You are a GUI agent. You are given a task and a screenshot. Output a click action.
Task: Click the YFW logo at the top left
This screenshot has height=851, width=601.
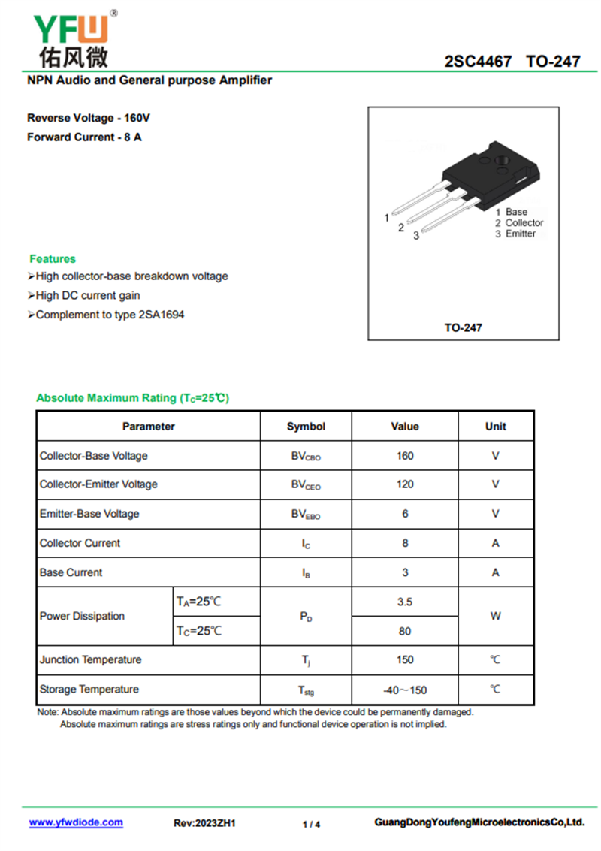click(71, 38)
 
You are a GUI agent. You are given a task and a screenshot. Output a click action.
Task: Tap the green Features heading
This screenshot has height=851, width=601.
click(53, 258)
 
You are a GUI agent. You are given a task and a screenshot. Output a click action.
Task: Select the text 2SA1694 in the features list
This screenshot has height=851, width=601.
click(162, 315)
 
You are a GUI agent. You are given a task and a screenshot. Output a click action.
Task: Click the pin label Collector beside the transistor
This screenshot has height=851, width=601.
click(524, 223)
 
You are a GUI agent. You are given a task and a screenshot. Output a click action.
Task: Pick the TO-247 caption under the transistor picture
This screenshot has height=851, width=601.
click(463, 327)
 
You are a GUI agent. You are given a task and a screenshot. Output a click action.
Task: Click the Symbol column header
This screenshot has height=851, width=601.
click(306, 426)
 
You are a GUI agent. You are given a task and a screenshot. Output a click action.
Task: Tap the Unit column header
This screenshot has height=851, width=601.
click(495, 426)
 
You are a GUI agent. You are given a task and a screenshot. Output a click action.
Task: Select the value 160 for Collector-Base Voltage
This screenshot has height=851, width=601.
click(404, 456)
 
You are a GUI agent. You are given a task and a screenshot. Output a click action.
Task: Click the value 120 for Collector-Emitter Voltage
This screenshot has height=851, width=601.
click(404, 484)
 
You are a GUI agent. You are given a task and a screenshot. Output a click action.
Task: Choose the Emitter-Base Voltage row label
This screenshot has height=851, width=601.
click(89, 514)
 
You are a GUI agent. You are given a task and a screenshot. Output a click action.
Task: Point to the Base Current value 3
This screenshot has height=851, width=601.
click(404, 572)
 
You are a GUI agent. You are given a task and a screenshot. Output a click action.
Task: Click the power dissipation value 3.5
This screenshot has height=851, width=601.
click(404, 602)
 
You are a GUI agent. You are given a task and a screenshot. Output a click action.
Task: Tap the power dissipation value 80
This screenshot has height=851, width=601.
click(404, 631)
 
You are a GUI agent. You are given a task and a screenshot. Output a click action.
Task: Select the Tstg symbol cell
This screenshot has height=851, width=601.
click(306, 690)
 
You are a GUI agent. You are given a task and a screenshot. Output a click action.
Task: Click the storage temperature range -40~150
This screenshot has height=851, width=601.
click(404, 690)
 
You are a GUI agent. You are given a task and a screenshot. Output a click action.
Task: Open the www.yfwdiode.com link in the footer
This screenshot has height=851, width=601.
click(76, 822)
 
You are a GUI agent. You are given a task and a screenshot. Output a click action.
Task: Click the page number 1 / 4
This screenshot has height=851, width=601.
click(311, 824)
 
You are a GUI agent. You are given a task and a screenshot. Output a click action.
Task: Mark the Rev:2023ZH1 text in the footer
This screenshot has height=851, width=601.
click(204, 823)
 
